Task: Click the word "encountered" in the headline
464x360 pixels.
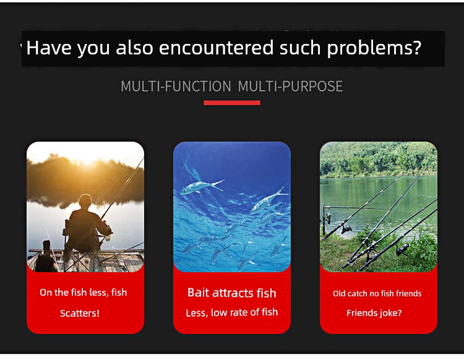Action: [x=216, y=48]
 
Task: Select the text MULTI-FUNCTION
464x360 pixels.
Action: [x=176, y=87]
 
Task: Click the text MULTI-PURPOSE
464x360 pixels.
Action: [x=290, y=87]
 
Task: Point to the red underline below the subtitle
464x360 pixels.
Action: [x=232, y=103]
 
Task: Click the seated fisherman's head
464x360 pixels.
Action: [x=85, y=201]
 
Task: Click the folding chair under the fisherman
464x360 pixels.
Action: [x=82, y=246]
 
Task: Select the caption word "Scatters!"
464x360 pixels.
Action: [x=80, y=313]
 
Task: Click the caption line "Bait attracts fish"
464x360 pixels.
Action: [x=232, y=293]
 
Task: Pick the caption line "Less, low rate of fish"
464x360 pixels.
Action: [x=232, y=312]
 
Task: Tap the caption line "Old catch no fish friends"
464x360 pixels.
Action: [x=377, y=293]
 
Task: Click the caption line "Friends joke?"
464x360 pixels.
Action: [x=374, y=313]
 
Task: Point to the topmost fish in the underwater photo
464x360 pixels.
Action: [x=202, y=186]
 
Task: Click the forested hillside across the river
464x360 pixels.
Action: [x=379, y=160]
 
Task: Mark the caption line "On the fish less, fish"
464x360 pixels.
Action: [x=83, y=292]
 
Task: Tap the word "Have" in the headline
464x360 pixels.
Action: [x=49, y=48]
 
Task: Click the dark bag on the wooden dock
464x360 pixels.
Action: [x=46, y=257]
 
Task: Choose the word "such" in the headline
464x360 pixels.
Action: [x=300, y=48]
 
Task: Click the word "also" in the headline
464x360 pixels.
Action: [x=134, y=48]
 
